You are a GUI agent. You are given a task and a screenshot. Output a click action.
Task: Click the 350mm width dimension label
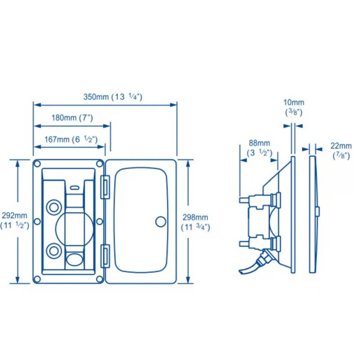(113, 97)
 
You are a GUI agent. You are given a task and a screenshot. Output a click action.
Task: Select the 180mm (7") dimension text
(72, 118)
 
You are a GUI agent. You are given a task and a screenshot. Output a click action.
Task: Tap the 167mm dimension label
(71, 139)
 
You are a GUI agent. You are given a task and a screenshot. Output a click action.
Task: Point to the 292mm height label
(14, 220)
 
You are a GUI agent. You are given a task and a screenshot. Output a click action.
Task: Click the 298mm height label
(195, 222)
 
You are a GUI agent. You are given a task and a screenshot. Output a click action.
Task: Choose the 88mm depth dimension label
(260, 148)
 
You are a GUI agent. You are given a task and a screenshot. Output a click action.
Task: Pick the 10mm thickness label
(294, 107)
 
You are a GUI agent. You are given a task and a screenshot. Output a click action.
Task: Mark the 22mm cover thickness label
(341, 151)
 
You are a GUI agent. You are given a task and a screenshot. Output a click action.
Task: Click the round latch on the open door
(161, 222)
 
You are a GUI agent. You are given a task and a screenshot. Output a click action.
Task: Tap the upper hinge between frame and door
(105, 187)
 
